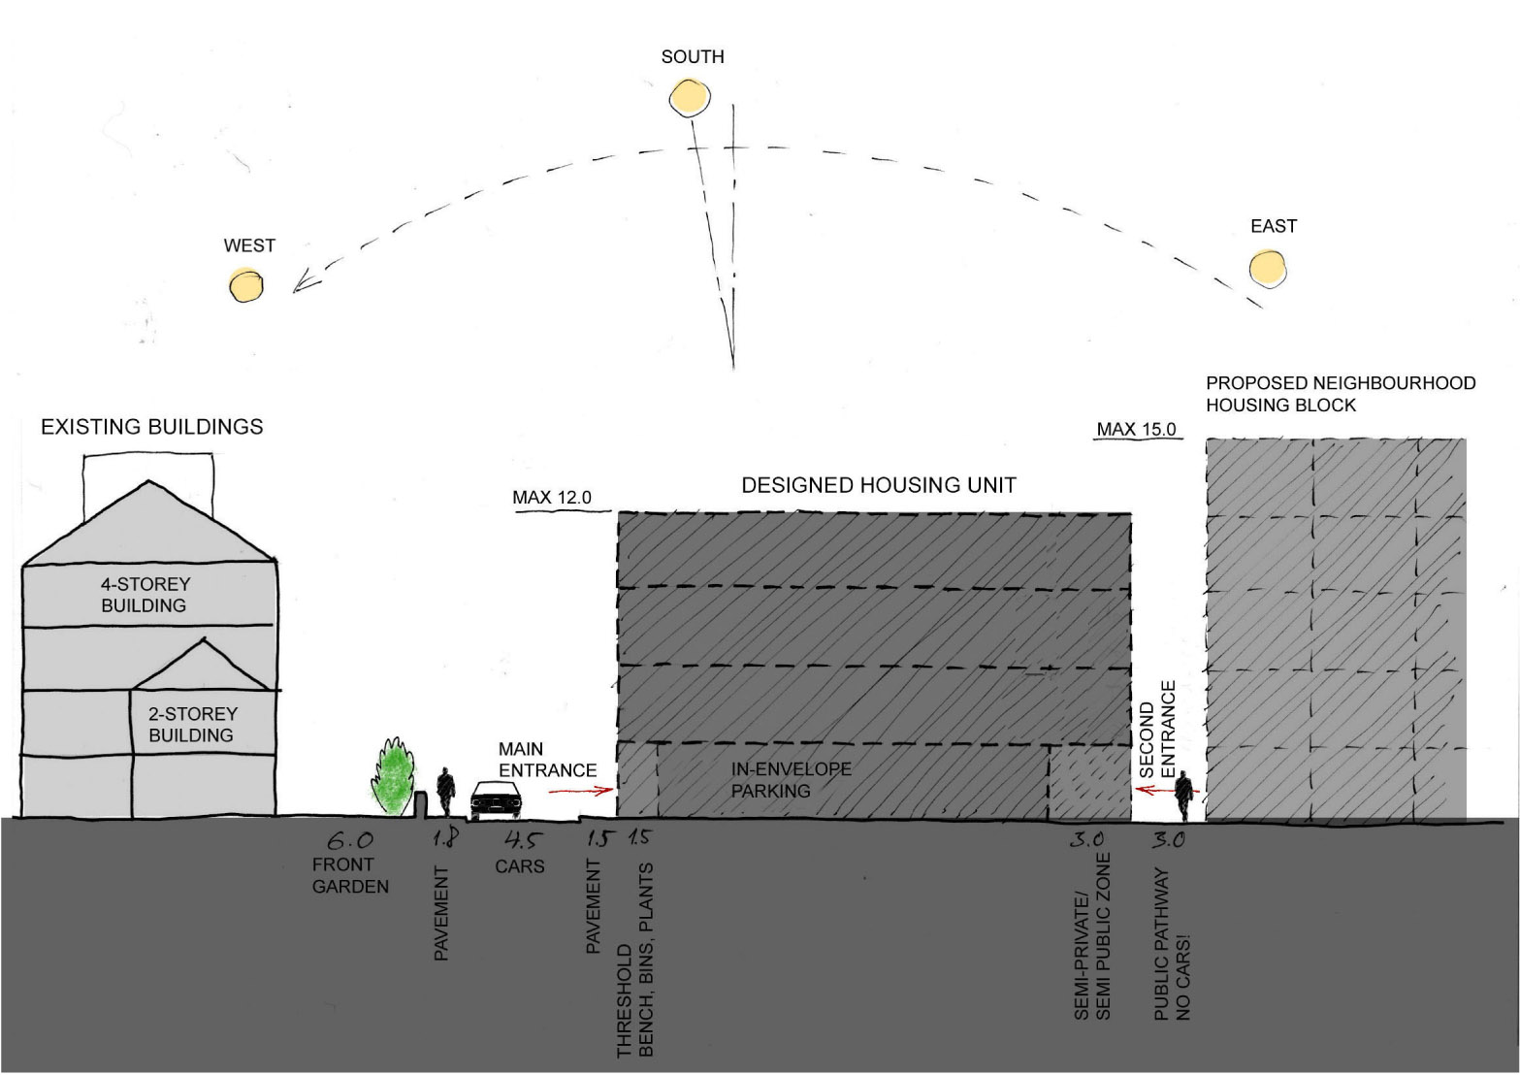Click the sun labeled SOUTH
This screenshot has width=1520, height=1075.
(690, 97)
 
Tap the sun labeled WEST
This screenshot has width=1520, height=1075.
(245, 284)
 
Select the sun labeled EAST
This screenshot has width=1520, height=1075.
(1268, 267)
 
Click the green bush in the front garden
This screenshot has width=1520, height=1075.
(393, 778)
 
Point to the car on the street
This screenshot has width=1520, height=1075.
(497, 800)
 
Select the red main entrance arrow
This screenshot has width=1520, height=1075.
(581, 792)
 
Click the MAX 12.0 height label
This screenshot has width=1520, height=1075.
(552, 498)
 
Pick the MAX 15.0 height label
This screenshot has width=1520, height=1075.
(1136, 429)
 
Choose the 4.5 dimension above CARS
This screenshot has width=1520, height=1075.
(519, 840)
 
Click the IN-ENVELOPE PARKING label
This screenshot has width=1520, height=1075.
(791, 780)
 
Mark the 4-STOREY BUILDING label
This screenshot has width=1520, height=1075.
(146, 595)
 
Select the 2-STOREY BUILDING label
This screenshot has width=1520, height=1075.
(191, 724)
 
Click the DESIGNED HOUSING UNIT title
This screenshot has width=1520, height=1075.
(879, 485)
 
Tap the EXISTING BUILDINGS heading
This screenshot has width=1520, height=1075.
(152, 427)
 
